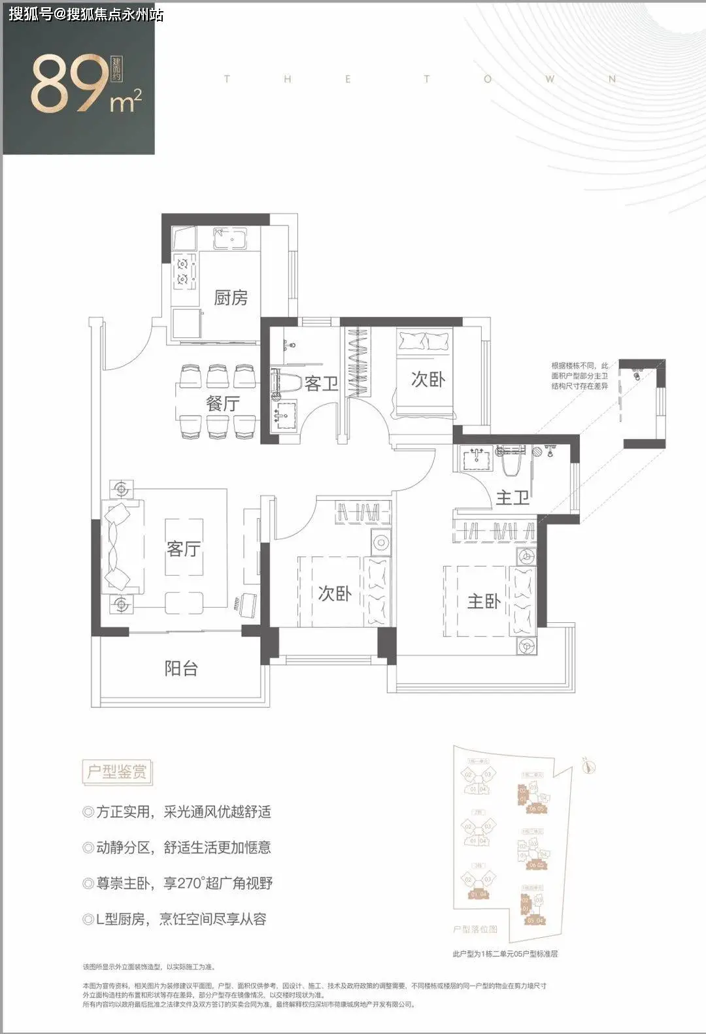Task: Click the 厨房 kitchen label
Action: click(x=231, y=298)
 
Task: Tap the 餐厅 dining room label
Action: click(x=222, y=403)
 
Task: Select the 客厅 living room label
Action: click(x=183, y=548)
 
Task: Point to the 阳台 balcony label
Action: click(x=180, y=669)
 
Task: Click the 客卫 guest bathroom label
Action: click(x=321, y=384)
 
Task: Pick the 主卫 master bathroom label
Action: click(x=512, y=497)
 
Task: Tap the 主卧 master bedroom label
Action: click(x=484, y=601)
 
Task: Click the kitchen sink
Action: click(x=230, y=240)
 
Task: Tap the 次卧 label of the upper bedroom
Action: click(x=428, y=379)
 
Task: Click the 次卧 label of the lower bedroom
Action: click(x=335, y=593)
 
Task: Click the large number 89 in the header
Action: click(x=69, y=85)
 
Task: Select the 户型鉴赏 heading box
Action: click(x=117, y=772)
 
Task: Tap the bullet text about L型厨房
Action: click(x=175, y=920)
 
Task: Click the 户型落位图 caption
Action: click(x=475, y=929)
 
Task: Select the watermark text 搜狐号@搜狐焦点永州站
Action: click(x=86, y=14)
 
